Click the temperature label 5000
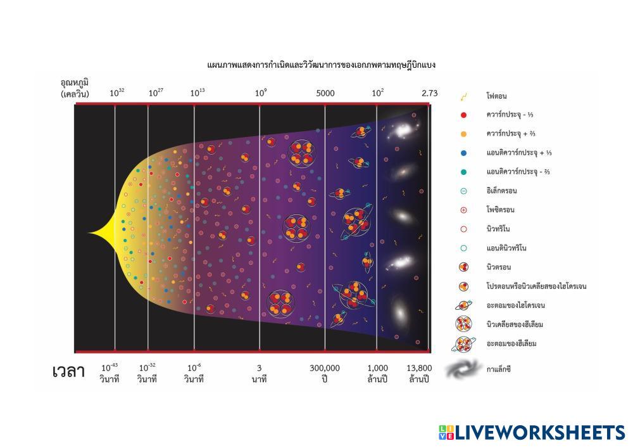click(325, 93)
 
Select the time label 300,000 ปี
click(325, 373)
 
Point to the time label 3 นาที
click(259, 373)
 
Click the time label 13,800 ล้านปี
click(420, 373)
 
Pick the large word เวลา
click(68, 372)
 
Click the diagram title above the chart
click(321, 65)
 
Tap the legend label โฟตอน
click(498, 96)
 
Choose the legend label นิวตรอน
click(499, 267)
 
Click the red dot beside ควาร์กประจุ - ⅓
click(463, 115)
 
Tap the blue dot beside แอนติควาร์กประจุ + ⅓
click(463, 153)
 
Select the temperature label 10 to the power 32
click(117, 93)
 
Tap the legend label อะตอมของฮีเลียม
click(511, 343)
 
